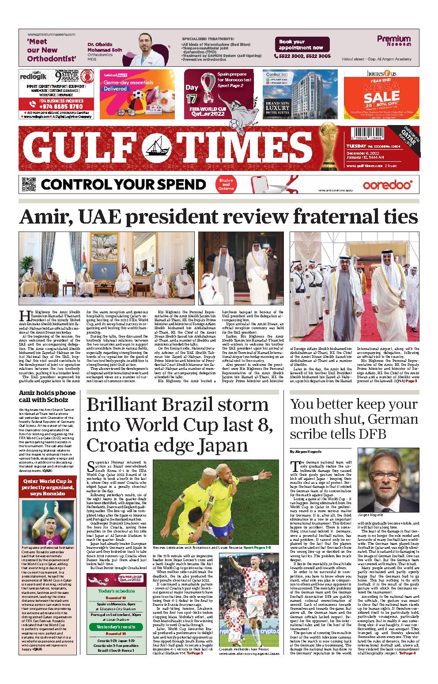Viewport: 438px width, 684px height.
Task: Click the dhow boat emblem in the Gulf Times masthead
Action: coord(157,145)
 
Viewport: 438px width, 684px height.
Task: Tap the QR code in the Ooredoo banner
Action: coord(28,184)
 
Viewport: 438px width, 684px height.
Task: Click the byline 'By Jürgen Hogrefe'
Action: coord(305,452)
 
